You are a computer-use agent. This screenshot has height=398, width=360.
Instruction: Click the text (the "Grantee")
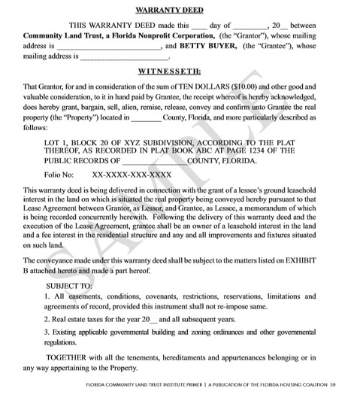pyautogui.click(x=268, y=45)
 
